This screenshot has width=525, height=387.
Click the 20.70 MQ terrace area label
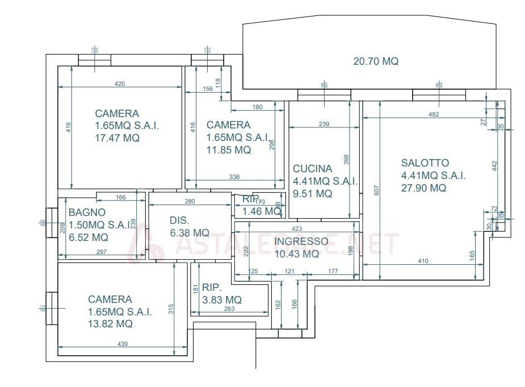point(376,61)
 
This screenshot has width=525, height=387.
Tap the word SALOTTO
point(425,163)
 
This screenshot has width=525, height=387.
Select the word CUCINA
point(312,169)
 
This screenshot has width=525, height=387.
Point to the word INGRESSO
point(301,242)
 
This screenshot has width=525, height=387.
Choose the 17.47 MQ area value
point(117,138)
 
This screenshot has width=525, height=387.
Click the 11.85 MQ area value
point(229,150)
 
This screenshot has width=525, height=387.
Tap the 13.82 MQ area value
point(110,324)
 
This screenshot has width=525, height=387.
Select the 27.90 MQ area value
point(423,188)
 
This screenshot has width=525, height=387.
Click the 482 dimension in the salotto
point(434,115)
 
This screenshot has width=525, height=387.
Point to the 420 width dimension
point(120,84)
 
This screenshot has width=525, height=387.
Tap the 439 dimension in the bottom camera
point(122,343)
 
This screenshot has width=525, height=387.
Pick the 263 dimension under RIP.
point(229,310)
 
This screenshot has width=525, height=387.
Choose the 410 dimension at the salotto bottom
point(423,261)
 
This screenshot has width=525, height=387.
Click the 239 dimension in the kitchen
point(324,124)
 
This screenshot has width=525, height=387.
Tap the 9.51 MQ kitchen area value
point(312,194)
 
